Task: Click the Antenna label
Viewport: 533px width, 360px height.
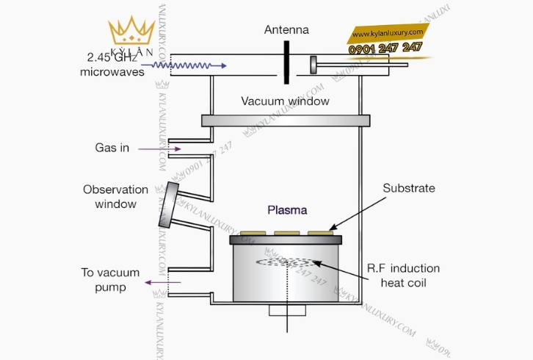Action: click(x=286, y=30)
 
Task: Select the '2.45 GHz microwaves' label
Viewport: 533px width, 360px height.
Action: click(x=112, y=64)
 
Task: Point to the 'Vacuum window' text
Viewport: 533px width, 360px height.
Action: click(x=285, y=101)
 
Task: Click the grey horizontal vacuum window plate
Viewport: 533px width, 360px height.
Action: click(x=285, y=119)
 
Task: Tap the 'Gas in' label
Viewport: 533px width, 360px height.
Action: click(x=112, y=148)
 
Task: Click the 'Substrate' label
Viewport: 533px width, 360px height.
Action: click(x=409, y=188)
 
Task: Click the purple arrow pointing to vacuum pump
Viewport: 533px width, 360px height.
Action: click(x=156, y=281)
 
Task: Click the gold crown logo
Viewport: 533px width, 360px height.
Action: click(x=131, y=33)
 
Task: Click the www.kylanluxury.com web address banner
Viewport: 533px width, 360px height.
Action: click(x=388, y=33)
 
